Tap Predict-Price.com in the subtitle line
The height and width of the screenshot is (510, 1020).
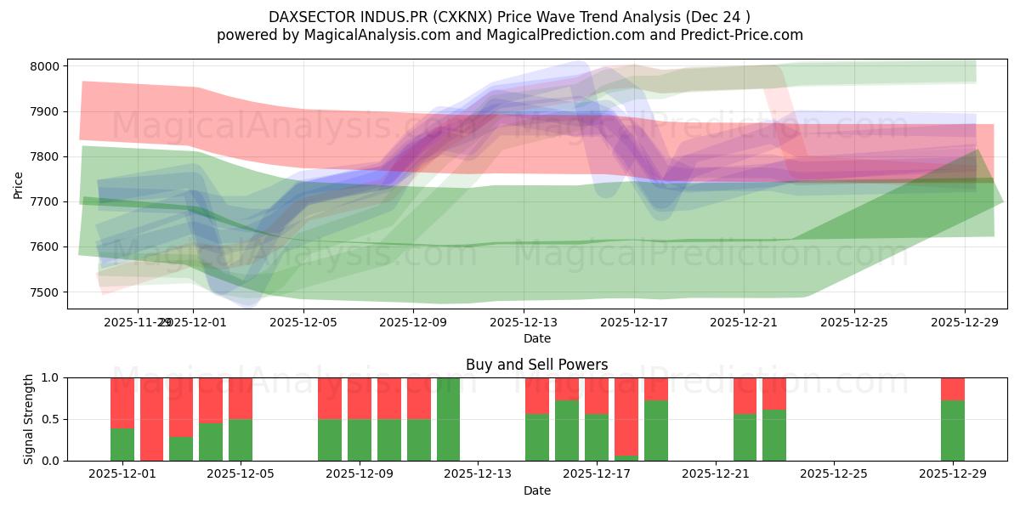[744, 35]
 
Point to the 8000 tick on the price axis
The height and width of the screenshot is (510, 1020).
[45, 66]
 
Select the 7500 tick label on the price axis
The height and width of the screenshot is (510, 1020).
[45, 292]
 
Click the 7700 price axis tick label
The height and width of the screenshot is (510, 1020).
[45, 201]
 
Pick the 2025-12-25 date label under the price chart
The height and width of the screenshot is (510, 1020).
[853, 323]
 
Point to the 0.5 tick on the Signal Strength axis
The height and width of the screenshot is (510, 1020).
[50, 419]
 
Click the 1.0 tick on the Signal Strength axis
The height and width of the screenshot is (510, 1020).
[50, 377]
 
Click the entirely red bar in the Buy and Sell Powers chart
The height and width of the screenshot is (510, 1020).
[152, 419]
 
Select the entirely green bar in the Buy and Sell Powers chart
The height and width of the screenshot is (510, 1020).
[448, 419]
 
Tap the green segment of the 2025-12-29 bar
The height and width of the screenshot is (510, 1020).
[952, 431]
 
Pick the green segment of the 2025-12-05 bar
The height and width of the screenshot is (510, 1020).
[241, 440]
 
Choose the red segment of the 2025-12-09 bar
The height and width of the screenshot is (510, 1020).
[359, 398]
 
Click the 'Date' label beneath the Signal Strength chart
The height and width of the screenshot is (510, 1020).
[536, 490]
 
